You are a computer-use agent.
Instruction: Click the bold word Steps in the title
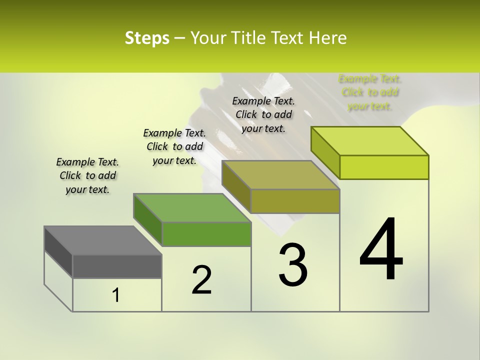tap(147, 38)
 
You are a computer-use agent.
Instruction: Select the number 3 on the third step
tap(293, 265)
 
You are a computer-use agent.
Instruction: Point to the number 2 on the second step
tap(202, 280)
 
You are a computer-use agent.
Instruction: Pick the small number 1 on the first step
tap(116, 295)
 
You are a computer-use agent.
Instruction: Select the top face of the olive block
tap(280, 175)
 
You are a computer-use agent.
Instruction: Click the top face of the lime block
tap(370, 141)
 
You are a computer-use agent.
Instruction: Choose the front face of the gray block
tap(117, 266)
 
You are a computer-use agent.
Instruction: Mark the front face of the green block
tap(206, 234)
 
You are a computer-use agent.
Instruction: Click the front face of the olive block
tap(295, 201)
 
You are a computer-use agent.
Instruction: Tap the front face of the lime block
tap(384, 167)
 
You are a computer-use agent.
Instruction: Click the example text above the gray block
tap(87, 175)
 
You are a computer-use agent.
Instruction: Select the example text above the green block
tap(174, 146)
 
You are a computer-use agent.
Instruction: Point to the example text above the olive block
tap(263, 114)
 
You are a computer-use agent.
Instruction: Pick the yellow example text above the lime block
tap(370, 92)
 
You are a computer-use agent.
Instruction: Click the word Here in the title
tap(328, 38)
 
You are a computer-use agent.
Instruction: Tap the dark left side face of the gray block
tap(58, 251)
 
